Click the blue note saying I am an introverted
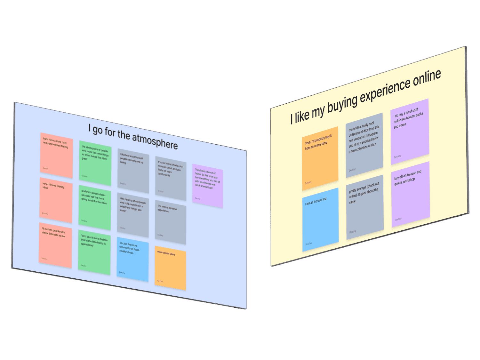click(320, 220)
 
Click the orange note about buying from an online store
click(320, 159)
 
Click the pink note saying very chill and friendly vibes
click(56, 200)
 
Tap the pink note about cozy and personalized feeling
click(57, 155)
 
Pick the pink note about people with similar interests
click(55, 245)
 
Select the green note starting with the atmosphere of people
click(95, 163)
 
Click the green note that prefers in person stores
click(95, 207)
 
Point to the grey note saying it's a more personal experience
click(171, 222)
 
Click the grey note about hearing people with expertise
click(133, 215)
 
